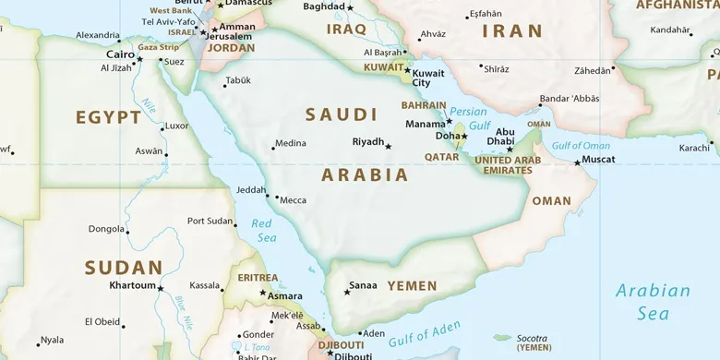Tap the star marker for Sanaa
[x=347, y=293]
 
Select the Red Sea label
[x=264, y=231]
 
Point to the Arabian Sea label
[x=653, y=302]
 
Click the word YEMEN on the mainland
[x=412, y=286]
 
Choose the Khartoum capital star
[x=161, y=289]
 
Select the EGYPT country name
[x=108, y=117]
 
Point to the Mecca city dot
[x=277, y=198]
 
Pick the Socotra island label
[x=534, y=338]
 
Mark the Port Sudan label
[x=210, y=221]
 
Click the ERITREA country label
[x=258, y=277]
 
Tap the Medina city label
[x=290, y=143]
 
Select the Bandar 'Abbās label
[x=570, y=99]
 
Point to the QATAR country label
[x=441, y=157]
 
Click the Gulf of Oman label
[x=581, y=146]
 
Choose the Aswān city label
[x=148, y=150]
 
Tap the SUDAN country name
[x=123, y=268]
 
